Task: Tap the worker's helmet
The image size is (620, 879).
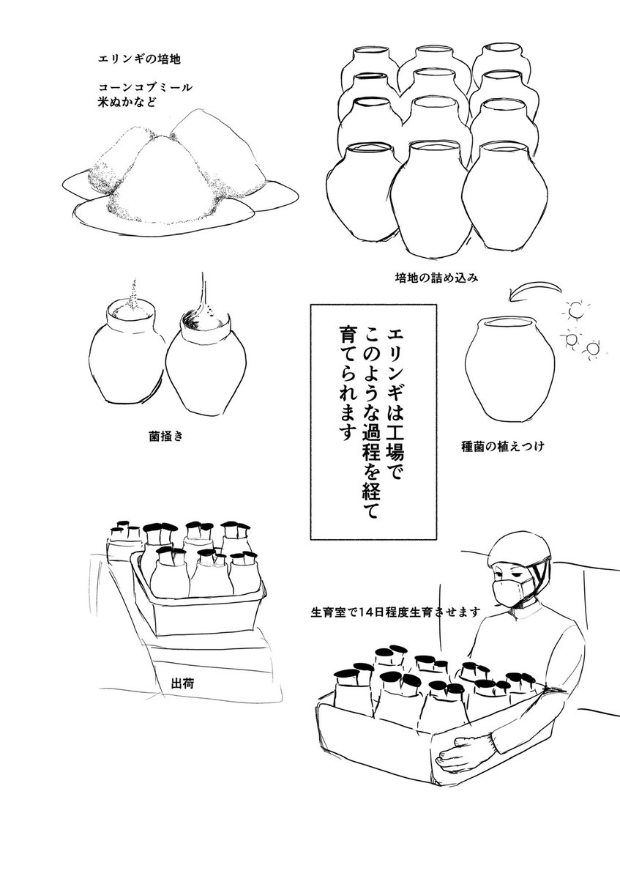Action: [517, 546]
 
